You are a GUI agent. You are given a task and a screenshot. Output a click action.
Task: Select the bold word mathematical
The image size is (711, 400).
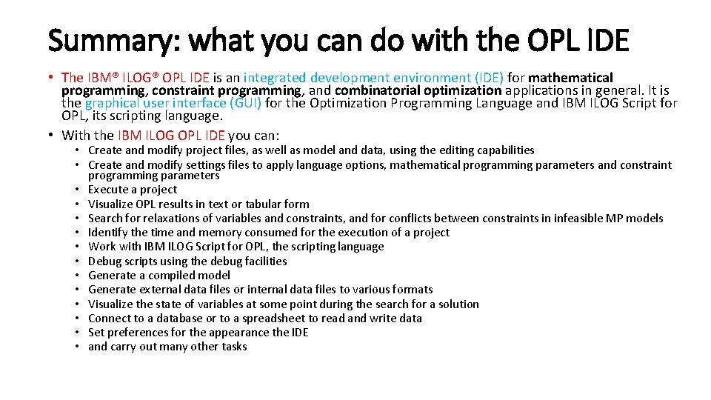click(x=571, y=77)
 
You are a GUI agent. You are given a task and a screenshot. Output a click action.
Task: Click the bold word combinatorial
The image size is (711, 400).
click(x=381, y=90)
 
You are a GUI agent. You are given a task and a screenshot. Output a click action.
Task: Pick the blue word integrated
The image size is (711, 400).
click(x=275, y=77)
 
